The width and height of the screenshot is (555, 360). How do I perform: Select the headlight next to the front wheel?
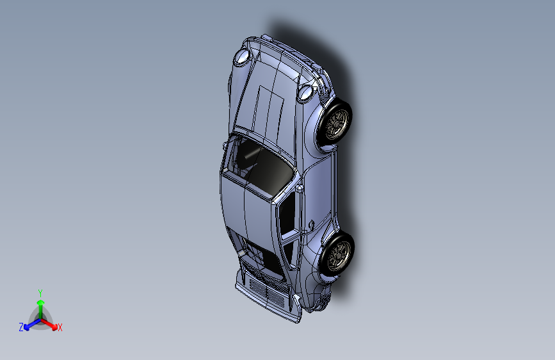pyautogui.click(x=306, y=94)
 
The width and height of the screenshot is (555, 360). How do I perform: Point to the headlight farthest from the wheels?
pyautogui.click(x=243, y=58)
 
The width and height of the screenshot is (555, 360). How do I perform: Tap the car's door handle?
pyautogui.click(x=311, y=224)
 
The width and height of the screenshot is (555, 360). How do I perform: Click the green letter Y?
pyautogui.click(x=40, y=292)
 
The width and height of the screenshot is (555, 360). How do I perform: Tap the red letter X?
pyautogui.click(x=60, y=328)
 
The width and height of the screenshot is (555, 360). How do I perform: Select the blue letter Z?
pyautogui.click(x=21, y=327)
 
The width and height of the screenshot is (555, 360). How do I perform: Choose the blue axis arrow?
pyautogui.click(x=29, y=325)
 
